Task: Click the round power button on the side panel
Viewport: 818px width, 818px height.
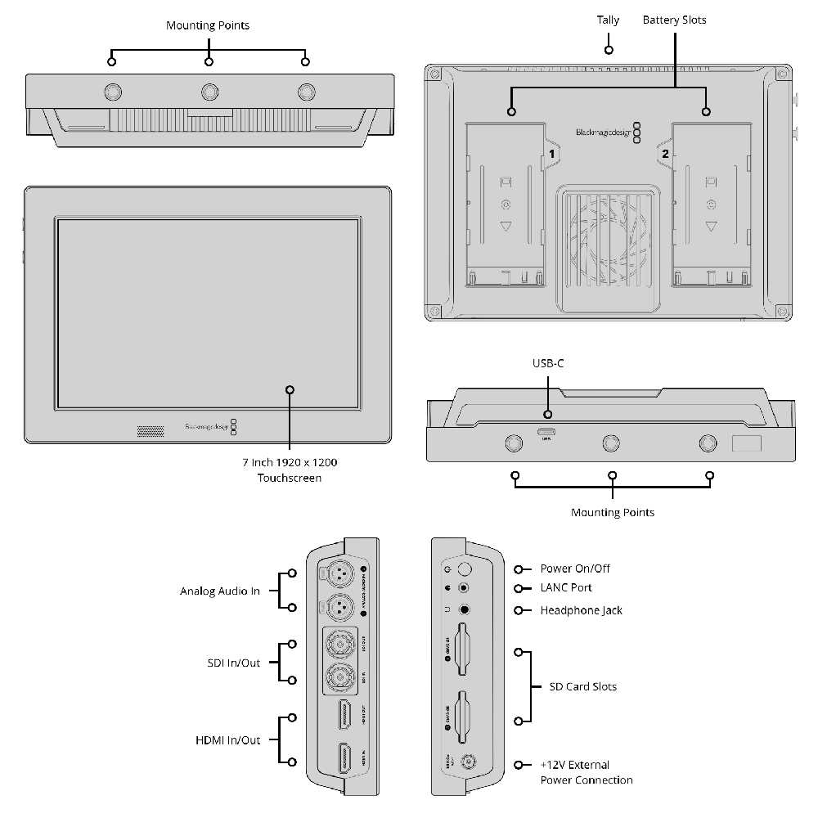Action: [465, 569]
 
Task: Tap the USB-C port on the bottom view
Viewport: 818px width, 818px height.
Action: [546, 432]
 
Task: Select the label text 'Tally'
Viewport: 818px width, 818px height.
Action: [608, 20]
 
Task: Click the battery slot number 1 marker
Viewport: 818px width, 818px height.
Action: [552, 153]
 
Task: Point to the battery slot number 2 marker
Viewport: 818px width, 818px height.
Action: [664, 153]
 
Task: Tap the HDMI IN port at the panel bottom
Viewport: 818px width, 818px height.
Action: [344, 759]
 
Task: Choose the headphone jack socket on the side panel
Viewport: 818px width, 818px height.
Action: [465, 609]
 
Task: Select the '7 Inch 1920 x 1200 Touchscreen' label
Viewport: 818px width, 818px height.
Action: [289, 470]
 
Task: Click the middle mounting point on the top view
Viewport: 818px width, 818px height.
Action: [209, 90]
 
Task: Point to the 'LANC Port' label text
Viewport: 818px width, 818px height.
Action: [566, 588]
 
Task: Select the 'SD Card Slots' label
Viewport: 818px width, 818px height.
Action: [582, 686]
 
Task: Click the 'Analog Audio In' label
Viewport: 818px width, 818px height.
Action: [220, 591]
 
